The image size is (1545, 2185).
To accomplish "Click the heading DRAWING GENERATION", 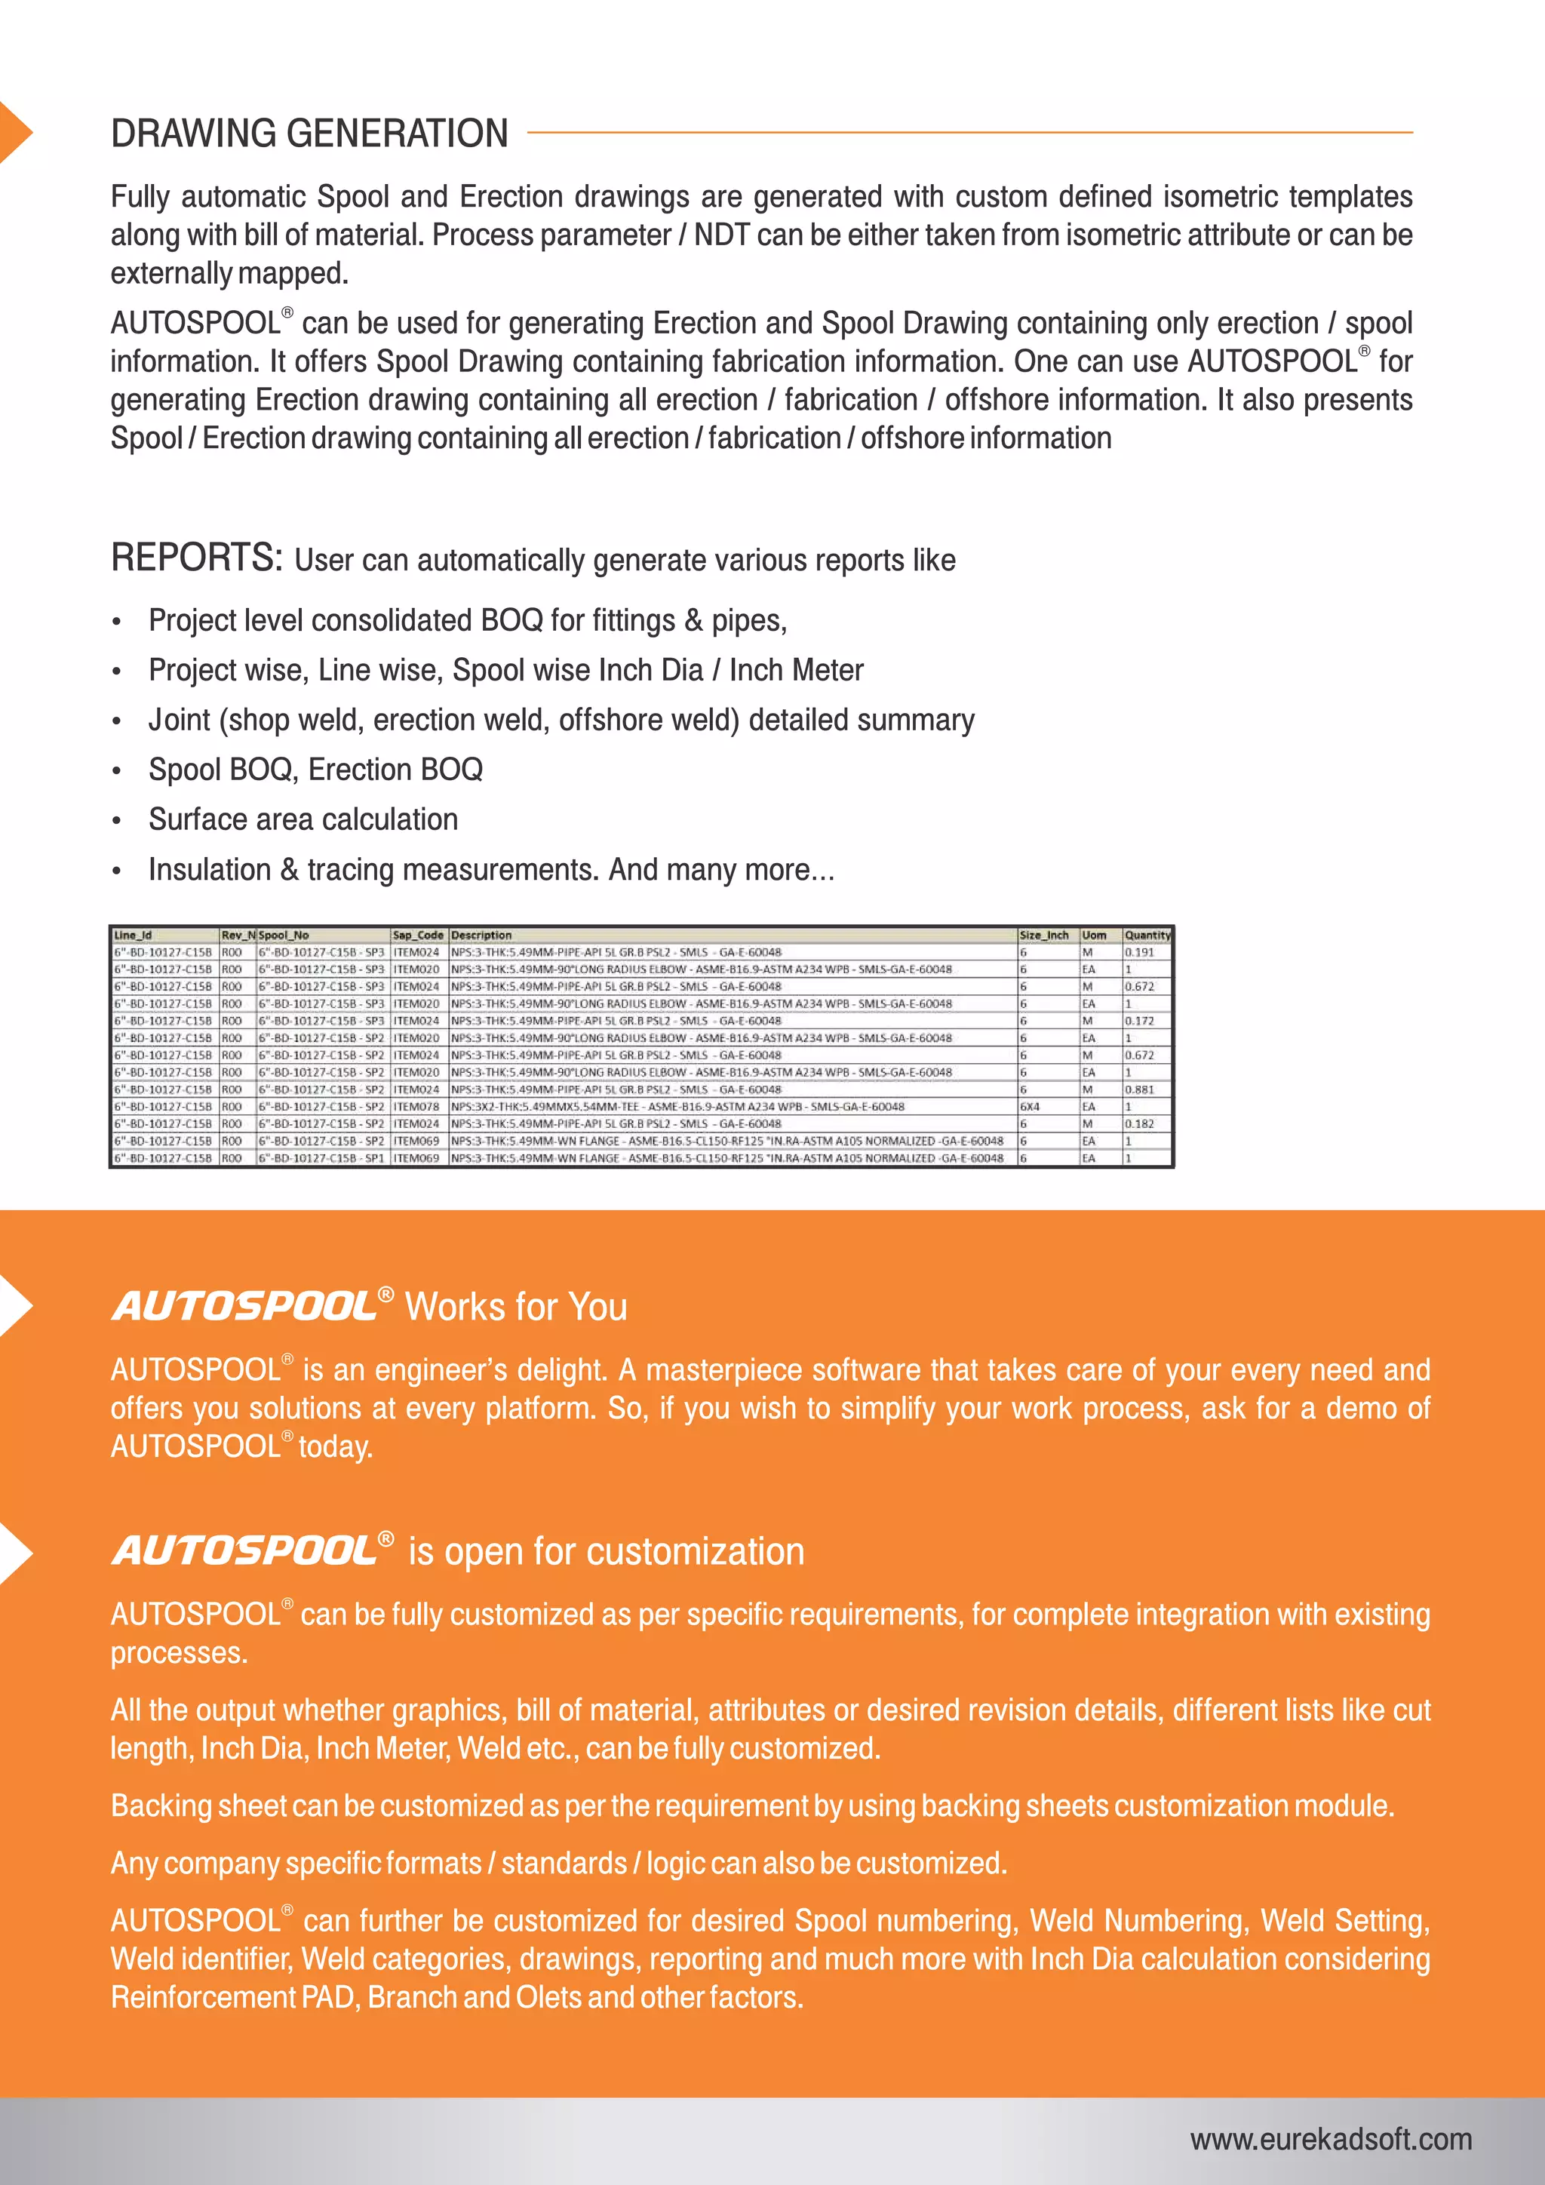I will pyautogui.click(x=309, y=134).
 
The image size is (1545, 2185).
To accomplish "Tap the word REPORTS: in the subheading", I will pyautogui.click(x=197, y=558).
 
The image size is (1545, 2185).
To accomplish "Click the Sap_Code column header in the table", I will pyautogui.click(x=418, y=936).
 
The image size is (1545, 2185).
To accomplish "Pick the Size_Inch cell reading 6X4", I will pyautogui.click(x=1031, y=1107).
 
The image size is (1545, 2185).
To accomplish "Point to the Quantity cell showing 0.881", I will pyautogui.click(x=1139, y=1089).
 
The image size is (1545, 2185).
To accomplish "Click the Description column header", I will pyautogui.click(x=481, y=936).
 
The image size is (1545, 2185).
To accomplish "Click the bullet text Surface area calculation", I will pyautogui.click(x=303, y=819).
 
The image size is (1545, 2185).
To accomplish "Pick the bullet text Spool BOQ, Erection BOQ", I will pyautogui.click(x=315, y=769).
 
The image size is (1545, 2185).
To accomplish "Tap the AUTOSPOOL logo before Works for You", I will pyautogui.click(x=245, y=1307).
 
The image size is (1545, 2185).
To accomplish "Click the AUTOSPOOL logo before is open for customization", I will pyautogui.click(x=245, y=1551).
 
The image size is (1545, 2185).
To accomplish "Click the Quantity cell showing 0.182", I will pyautogui.click(x=1139, y=1124).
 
